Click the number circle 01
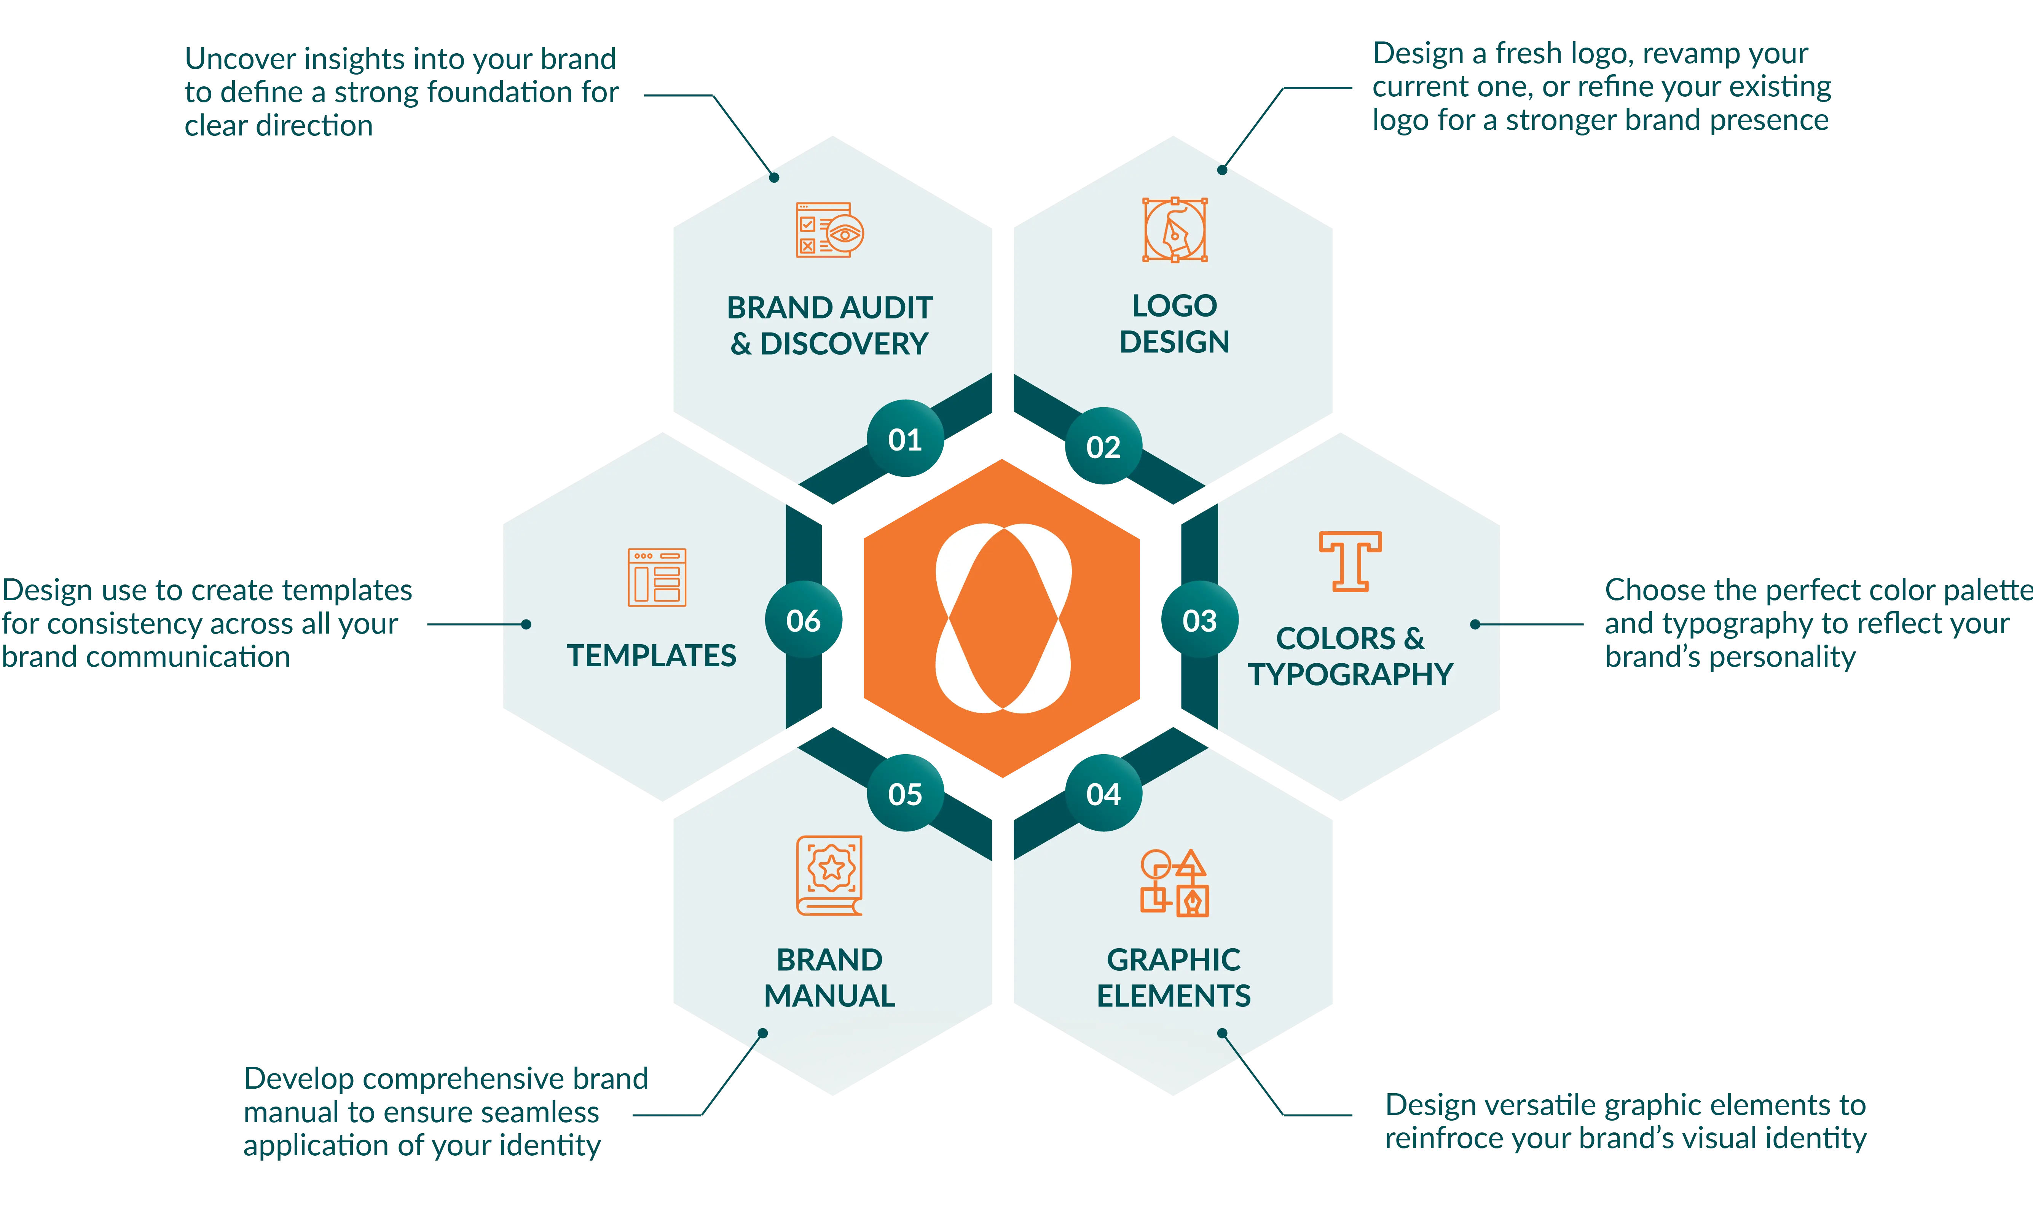click(905, 440)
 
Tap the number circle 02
click(1103, 447)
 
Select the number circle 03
click(1199, 621)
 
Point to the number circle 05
click(905, 793)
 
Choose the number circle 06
click(803, 621)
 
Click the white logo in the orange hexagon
click(1003, 618)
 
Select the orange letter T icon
click(1350, 561)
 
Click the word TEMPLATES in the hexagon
click(652, 656)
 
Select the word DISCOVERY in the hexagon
click(844, 344)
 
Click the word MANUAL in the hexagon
click(829, 995)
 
